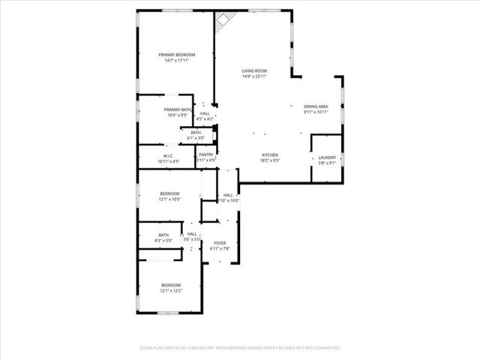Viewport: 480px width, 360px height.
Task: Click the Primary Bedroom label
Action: click(x=177, y=55)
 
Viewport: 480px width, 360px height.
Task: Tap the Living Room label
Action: click(x=254, y=70)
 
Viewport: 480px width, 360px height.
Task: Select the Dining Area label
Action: click(x=316, y=106)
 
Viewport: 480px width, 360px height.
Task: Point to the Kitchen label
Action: click(x=270, y=154)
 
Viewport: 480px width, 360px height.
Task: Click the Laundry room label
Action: click(x=326, y=157)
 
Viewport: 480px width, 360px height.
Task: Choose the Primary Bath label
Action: click(x=177, y=109)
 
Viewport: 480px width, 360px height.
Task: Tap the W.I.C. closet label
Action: click(x=169, y=156)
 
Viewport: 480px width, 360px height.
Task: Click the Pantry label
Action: click(x=206, y=154)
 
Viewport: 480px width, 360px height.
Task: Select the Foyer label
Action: click(x=220, y=243)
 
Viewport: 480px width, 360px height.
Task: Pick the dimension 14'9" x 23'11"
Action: click(x=254, y=76)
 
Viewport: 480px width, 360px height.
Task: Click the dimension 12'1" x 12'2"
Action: click(x=172, y=291)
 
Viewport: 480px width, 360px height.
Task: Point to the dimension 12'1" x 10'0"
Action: click(x=169, y=199)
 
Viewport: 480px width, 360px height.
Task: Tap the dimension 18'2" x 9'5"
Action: click(x=270, y=160)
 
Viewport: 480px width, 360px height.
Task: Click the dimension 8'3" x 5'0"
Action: click(x=163, y=240)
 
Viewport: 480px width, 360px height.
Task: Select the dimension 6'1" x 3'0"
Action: click(x=195, y=138)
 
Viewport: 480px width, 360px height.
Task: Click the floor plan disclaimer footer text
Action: click(x=240, y=348)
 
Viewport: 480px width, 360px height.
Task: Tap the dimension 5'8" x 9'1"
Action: click(x=326, y=163)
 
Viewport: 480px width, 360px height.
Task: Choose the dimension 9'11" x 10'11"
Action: click(x=316, y=112)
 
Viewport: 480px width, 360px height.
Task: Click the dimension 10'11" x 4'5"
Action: click(x=169, y=162)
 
